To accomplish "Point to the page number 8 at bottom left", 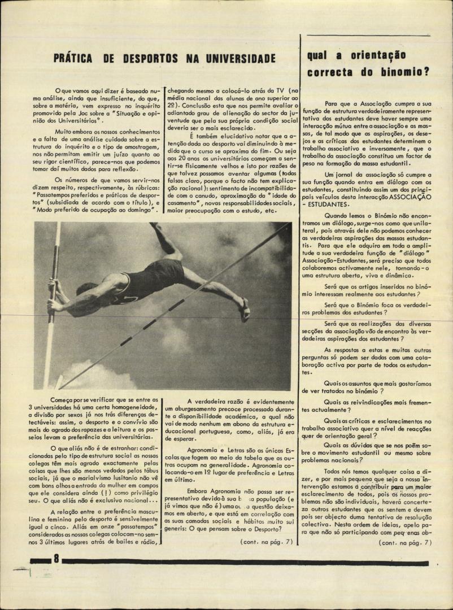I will click(56, 559).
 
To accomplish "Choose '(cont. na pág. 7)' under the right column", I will click(405, 543).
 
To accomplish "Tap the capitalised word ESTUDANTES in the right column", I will click(335, 204).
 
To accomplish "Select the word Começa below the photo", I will click(65, 399).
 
